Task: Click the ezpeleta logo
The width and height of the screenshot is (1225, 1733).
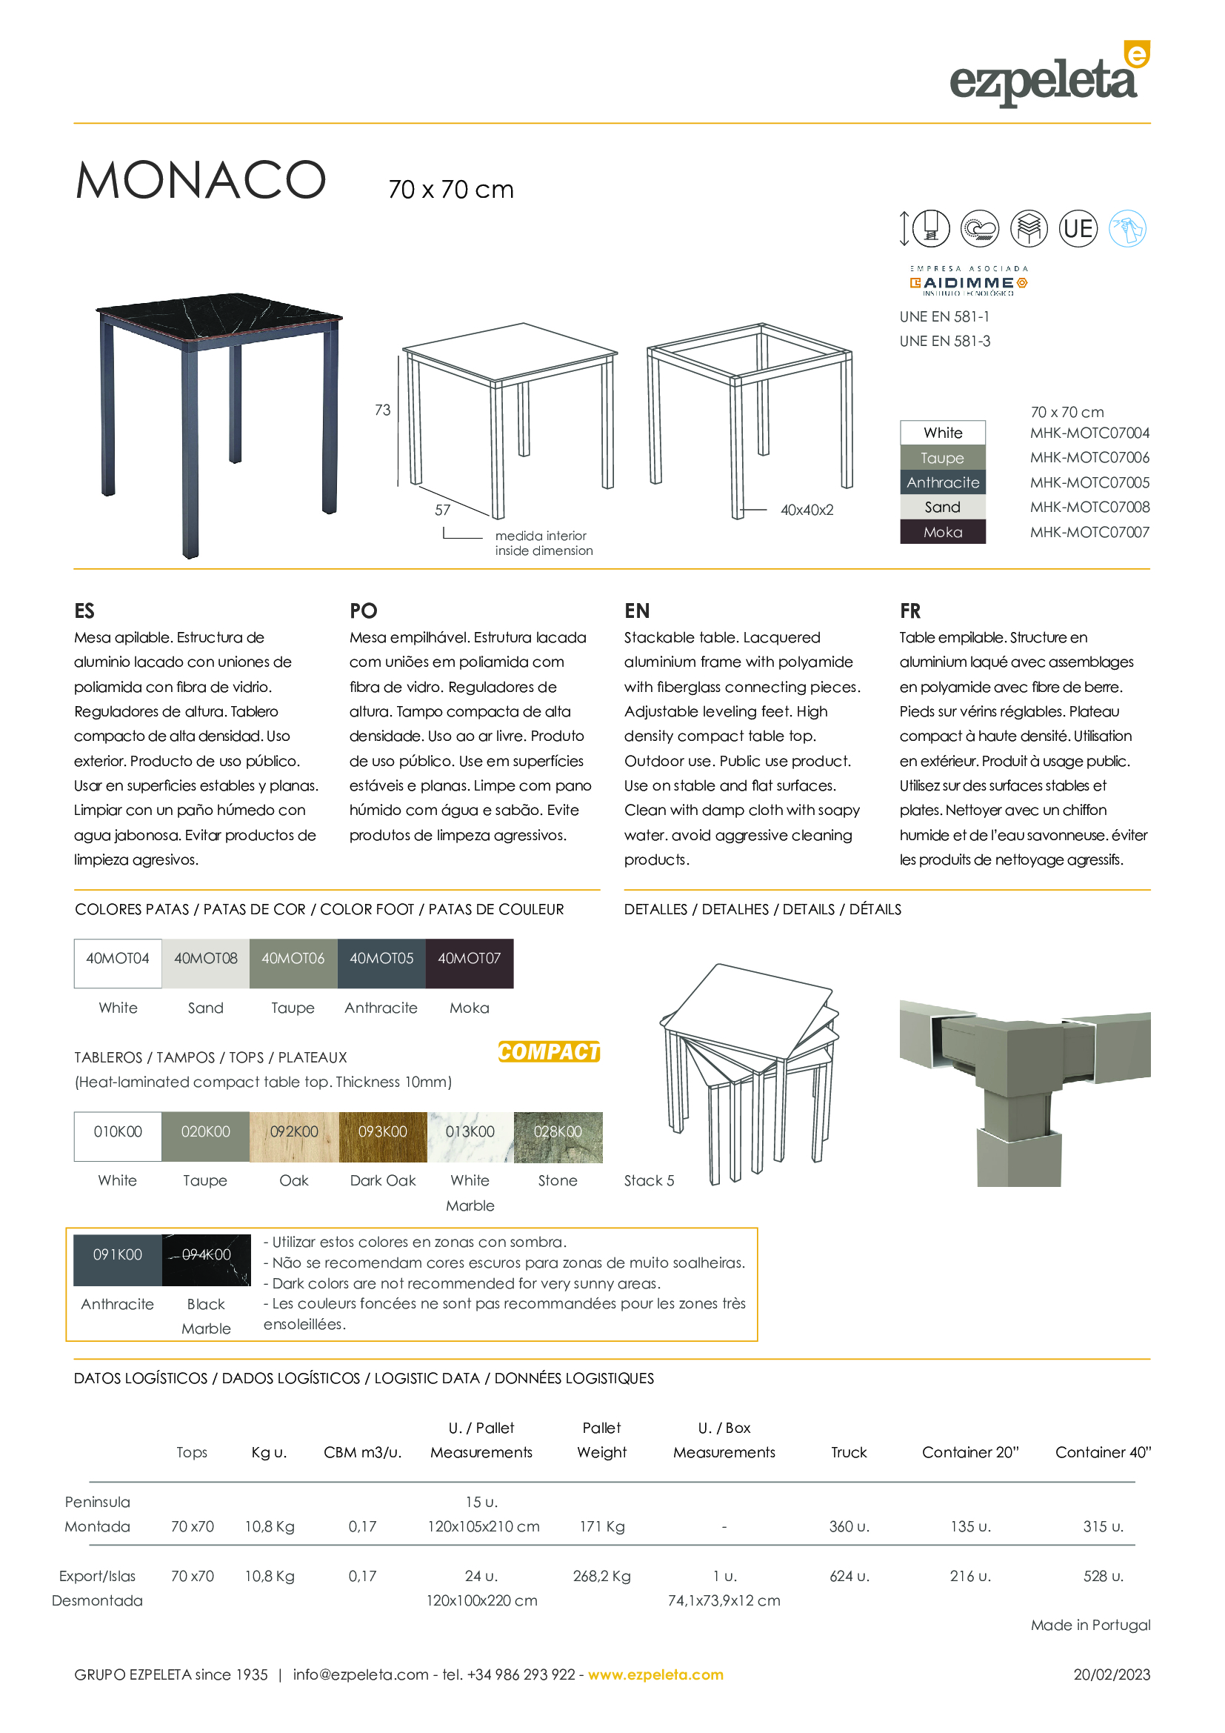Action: [1049, 76]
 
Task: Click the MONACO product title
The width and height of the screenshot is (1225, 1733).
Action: [201, 180]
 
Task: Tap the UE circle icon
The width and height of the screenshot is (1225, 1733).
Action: [1078, 228]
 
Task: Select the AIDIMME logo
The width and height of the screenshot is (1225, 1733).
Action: [969, 282]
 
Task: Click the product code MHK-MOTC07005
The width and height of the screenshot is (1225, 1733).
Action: [1089, 482]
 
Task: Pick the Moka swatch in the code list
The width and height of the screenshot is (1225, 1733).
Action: [942, 532]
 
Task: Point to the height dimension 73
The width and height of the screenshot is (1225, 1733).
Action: [382, 410]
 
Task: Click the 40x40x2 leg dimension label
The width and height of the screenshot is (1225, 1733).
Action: [807, 510]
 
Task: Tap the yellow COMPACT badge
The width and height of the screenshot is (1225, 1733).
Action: [548, 1051]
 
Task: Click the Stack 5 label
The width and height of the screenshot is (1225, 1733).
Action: [649, 1180]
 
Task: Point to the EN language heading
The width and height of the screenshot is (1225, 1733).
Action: [637, 611]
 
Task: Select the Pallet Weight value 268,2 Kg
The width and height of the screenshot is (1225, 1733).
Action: [601, 1576]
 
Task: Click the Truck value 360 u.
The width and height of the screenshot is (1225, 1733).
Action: [849, 1526]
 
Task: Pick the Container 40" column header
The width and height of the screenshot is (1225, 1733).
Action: [1102, 1452]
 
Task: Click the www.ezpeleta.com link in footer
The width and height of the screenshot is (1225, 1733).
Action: [655, 1674]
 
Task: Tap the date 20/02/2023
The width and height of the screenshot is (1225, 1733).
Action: [1111, 1674]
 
